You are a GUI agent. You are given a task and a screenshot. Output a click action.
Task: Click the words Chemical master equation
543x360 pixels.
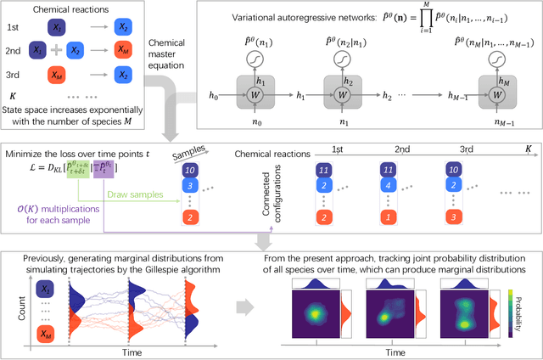coord(166,53)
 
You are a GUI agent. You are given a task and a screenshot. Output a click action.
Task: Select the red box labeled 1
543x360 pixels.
coord(386,217)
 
